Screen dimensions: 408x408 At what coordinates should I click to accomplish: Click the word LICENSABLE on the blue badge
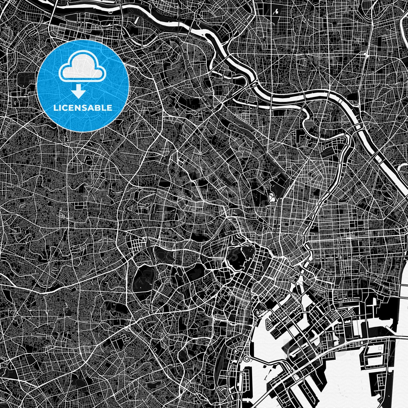tap(83, 108)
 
